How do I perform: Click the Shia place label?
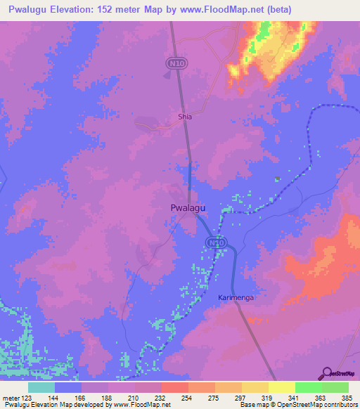point(184,117)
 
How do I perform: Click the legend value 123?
point(27,398)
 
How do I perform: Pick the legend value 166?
point(81,398)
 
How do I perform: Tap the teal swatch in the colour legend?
point(41,387)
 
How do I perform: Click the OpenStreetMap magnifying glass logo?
point(325,373)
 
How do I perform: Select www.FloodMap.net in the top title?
point(224,10)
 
